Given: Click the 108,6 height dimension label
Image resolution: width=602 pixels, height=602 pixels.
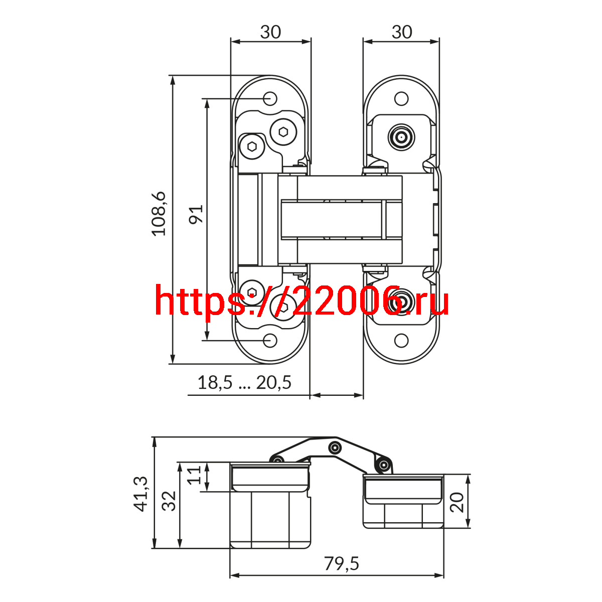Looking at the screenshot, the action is tap(159, 214).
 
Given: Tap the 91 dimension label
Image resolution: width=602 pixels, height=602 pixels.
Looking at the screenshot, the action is tap(196, 214).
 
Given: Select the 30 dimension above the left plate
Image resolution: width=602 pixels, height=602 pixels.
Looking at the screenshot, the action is tap(270, 32).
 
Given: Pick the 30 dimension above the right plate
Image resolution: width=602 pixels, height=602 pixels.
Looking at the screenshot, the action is tap(402, 32).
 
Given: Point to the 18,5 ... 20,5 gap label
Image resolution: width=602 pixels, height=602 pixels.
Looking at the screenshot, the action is tap(245, 383).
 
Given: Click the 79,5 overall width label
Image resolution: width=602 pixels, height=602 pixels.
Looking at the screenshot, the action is tap(342, 564).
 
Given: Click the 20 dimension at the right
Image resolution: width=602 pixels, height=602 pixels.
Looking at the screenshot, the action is tap(457, 502).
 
